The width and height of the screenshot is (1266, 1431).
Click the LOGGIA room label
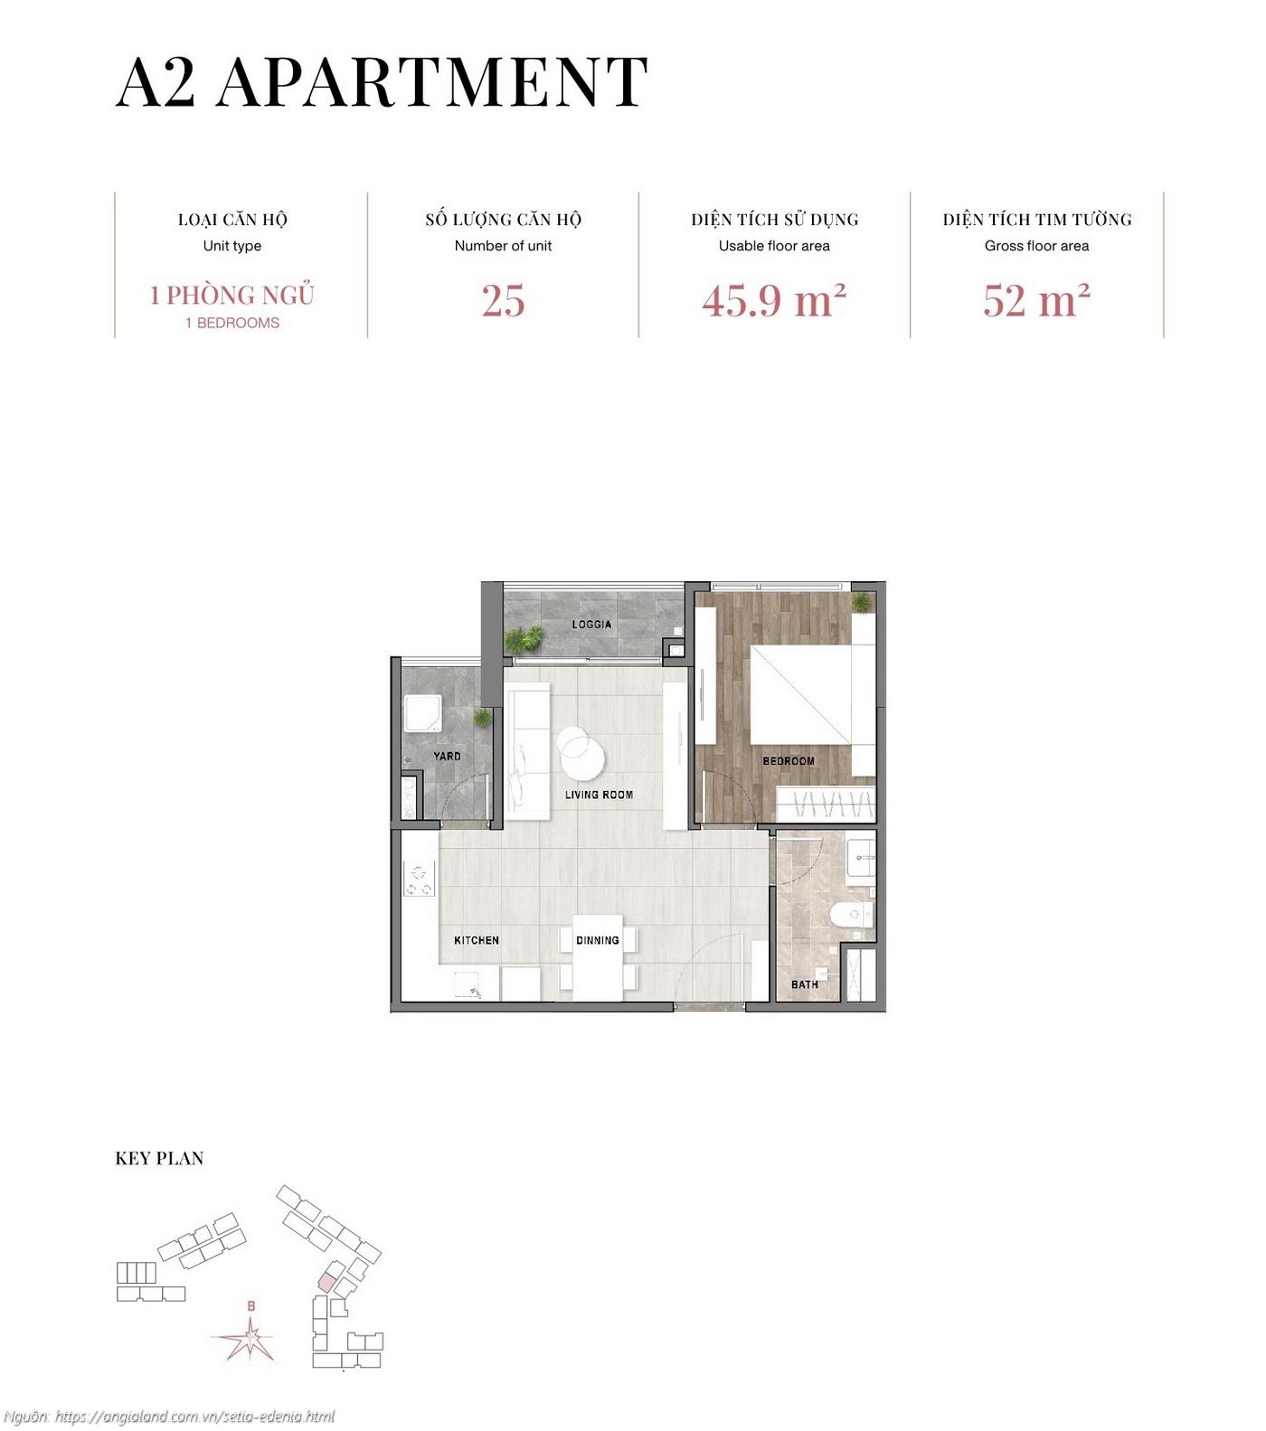point(591,625)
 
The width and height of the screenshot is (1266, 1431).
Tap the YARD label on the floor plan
point(447,756)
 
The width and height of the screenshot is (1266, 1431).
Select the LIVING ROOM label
point(599,795)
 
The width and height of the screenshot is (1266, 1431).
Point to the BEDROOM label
point(789,761)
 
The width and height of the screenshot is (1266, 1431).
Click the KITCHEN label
point(477,940)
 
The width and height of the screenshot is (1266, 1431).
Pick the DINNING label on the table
point(598,940)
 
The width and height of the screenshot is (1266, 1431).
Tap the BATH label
point(804,984)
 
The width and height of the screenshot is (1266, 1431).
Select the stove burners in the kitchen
point(419,881)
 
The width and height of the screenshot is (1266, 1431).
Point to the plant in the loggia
point(523,639)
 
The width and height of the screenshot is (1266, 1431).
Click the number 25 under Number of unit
point(503,301)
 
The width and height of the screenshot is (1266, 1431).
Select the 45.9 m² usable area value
point(774,301)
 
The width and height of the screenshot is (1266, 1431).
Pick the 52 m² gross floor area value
point(1036,301)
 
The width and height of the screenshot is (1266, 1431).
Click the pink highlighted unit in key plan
point(326,1281)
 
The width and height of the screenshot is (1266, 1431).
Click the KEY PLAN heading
point(159,1158)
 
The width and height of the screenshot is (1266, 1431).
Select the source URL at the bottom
point(169,1417)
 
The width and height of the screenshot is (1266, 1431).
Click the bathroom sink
point(861,857)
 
